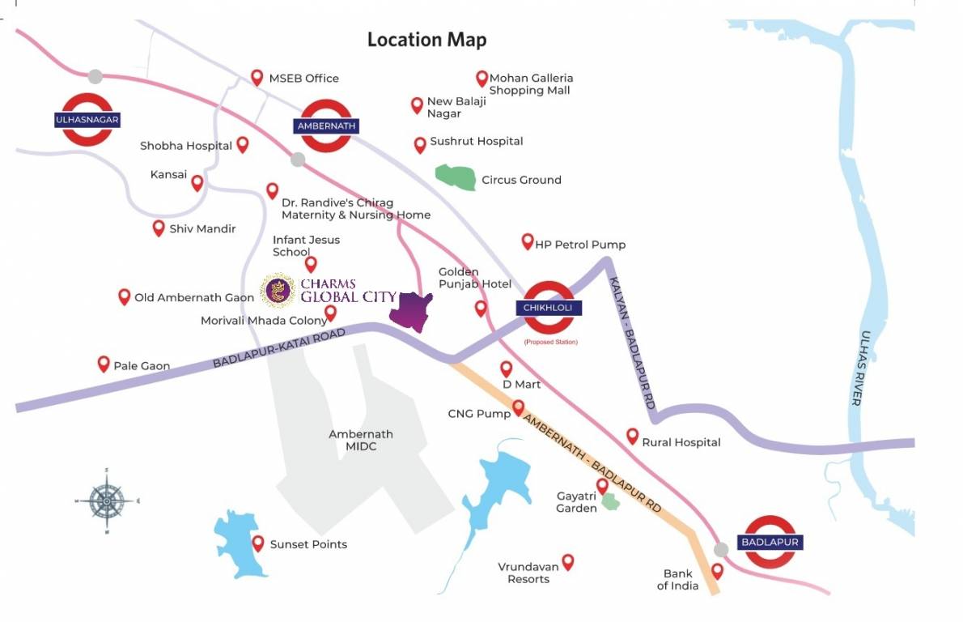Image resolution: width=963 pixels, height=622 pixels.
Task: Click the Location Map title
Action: click(x=426, y=40)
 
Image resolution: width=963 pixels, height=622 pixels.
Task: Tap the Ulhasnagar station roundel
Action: click(x=87, y=120)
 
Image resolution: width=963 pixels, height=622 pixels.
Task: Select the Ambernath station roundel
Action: click(x=326, y=126)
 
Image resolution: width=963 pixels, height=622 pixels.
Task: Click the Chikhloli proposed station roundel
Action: click(x=549, y=308)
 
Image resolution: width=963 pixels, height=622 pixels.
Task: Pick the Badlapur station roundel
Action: click(x=769, y=542)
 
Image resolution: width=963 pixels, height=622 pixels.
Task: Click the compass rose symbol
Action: click(x=107, y=501)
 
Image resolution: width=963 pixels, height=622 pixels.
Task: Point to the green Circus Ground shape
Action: click(x=456, y=177)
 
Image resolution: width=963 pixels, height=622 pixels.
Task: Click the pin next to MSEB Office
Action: click(x=257, y=78)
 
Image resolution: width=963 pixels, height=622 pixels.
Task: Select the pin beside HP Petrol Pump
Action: click(x=528, y=241)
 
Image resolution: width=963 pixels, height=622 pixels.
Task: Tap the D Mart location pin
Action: click(x=507, y=369)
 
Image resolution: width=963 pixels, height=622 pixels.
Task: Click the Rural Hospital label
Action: click(x=681, y=442)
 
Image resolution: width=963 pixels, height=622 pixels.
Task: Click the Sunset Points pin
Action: click(x=258, y=543)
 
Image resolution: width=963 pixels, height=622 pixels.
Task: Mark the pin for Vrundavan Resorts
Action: click(x=568, y=561)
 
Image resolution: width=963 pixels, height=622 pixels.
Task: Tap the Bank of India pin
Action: click(x=717, y=571)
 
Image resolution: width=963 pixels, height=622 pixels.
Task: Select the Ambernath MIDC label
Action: click(x=360, y=440)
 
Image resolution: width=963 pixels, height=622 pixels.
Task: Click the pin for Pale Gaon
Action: click(x=104, y=364)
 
